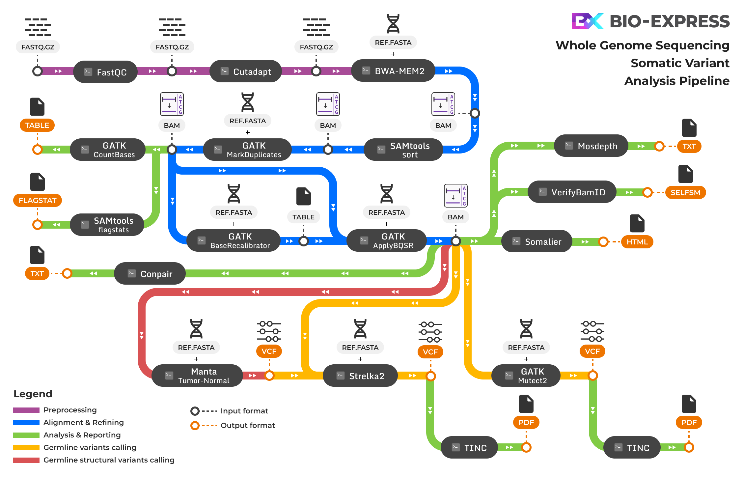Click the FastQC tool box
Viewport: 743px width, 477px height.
(105, 72)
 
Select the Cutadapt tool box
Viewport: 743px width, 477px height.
(246, 71)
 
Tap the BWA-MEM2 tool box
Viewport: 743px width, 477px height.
(393, 71)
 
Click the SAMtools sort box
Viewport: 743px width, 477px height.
(403, 150)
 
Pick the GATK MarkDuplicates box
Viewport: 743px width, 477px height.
(247, 150)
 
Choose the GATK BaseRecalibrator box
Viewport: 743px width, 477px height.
(234, 241)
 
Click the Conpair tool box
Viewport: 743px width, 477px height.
(150, 274)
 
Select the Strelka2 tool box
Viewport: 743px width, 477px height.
(360, 376)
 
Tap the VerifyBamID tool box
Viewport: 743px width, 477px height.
(572, 192)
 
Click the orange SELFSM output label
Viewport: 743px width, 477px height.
(685, 192)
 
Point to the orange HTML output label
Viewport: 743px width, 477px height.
(637, 242)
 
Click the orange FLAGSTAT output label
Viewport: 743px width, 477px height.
(38, 200)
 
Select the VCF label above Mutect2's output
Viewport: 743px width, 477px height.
(592, 351)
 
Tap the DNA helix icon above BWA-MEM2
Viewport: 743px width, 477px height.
(393, 24)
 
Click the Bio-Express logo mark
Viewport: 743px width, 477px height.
(587, 21)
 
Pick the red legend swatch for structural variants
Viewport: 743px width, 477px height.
(26, 460)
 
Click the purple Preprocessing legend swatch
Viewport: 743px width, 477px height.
(26, 410)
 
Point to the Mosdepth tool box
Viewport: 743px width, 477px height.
(591, 146)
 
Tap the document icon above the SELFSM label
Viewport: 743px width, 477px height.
(685, 174)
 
